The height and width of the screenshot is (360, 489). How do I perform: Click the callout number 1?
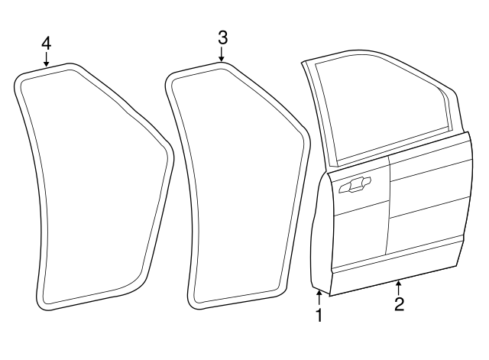[319, 314]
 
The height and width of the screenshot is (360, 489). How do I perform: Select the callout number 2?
[399, 303]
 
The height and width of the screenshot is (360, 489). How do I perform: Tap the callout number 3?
[222, 37]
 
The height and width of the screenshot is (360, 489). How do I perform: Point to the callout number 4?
[47, 43]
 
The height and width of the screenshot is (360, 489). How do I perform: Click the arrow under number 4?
[47, 60]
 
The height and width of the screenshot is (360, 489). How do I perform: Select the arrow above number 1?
[319, 296]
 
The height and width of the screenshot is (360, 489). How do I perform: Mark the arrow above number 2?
[399, 286]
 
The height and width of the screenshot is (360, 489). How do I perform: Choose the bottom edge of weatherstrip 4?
[84, 299]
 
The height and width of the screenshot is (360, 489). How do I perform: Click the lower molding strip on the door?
[397, 262]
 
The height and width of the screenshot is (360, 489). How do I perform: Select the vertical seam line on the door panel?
[389, 206]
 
